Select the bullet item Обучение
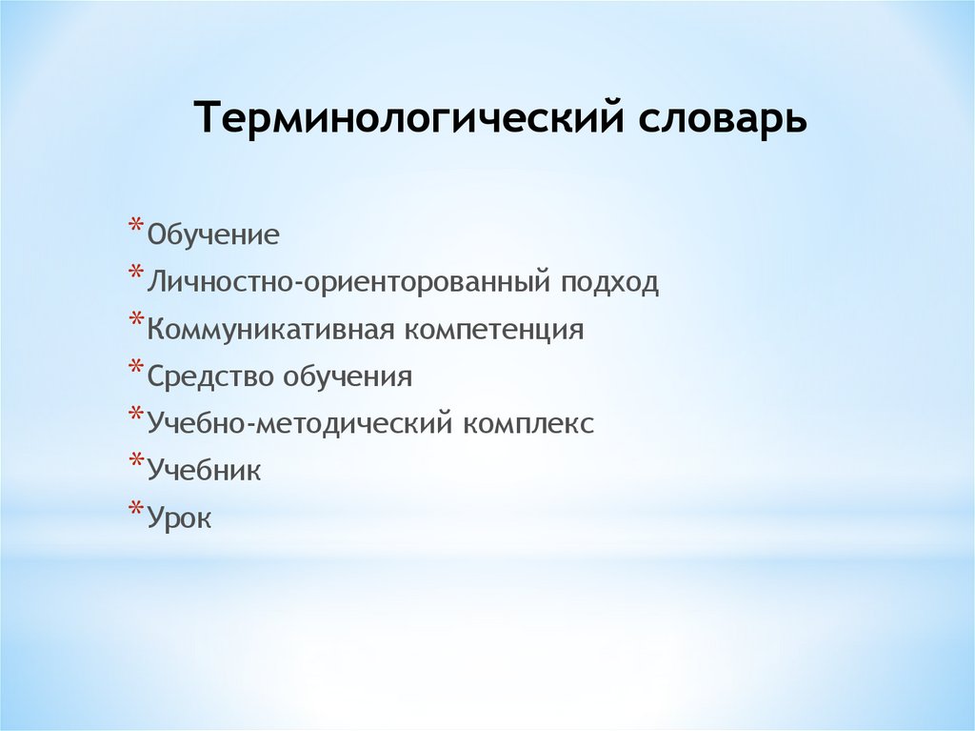pyautogui.click(x=213, y=234)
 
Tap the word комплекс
pyautogui.click(x=528, y=424)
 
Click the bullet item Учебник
pyautogui.click(x=204, y=471)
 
